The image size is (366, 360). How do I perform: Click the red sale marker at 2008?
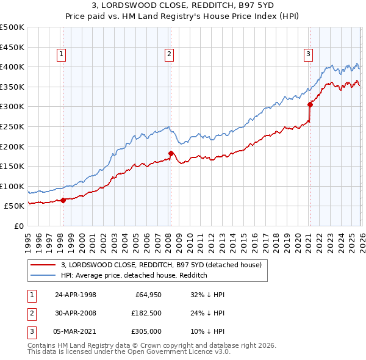[x=171, y=153]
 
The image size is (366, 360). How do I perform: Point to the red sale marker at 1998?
[x=63, y=200]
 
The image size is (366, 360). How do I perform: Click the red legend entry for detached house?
[x=161, y=265]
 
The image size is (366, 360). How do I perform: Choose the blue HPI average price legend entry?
[x=134, y=275]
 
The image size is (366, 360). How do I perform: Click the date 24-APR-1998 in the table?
[x=76, y=294]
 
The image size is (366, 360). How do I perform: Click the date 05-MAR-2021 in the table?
[x=76, y=332]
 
